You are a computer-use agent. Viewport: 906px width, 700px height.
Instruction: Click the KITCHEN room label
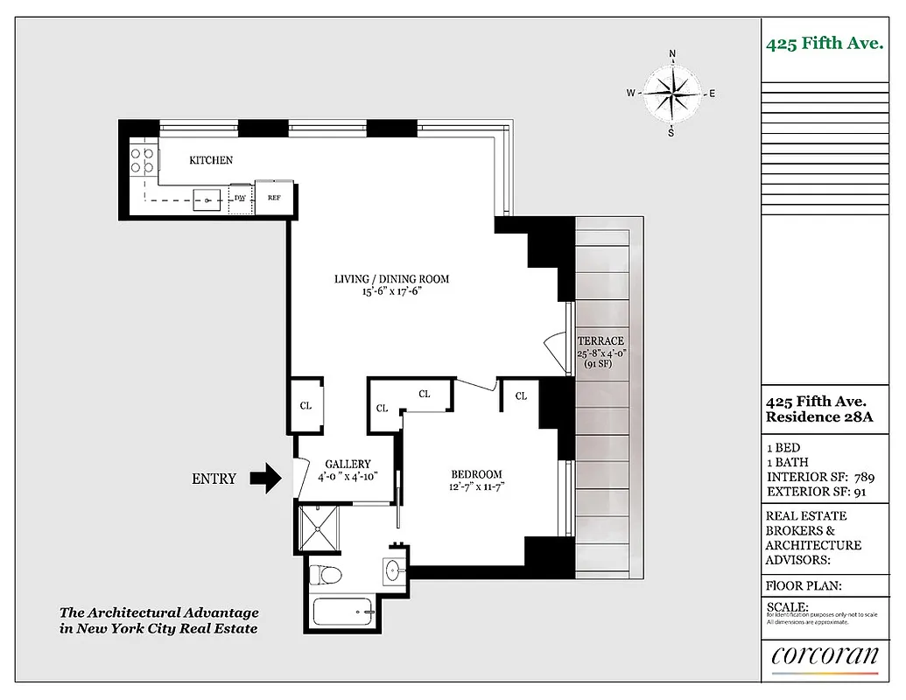coord(211,160)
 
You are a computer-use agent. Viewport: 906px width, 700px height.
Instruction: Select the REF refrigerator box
coord(274,198)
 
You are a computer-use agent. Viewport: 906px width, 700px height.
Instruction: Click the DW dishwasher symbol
coord(240,198)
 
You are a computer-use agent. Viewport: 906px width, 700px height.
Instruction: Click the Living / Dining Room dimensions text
coord(391,292)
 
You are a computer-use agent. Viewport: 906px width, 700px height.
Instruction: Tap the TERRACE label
coord(600,341)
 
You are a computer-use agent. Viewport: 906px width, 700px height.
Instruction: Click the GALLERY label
coord(348,464)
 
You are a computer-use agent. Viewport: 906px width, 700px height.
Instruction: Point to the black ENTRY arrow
coord(265,479)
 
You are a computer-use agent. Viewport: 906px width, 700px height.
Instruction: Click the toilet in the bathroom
coord(328,576)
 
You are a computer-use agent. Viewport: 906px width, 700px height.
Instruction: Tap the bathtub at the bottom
coord(341,611)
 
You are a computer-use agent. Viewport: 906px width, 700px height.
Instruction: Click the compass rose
coord(671,93)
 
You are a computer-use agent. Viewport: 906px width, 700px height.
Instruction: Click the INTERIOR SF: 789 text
coord(819,477)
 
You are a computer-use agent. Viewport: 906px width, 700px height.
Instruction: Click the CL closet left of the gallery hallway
coord(306,406)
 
